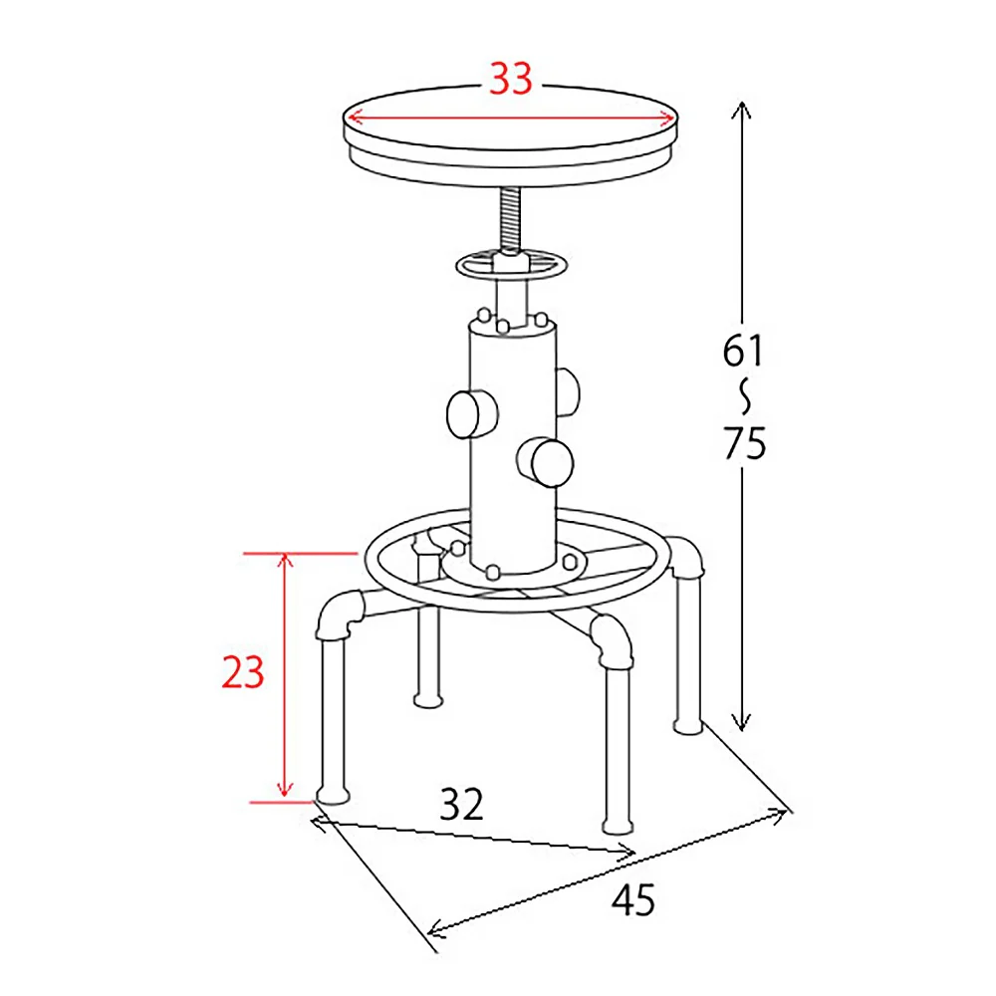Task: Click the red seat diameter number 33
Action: [511, 79]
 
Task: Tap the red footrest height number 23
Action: [243, 672]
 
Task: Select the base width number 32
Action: [462, 804]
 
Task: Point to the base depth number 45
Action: [633, 899]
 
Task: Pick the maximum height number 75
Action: [745, 443]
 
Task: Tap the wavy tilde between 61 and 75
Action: [745, 397]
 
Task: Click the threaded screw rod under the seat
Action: [511, 219]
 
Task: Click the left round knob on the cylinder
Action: [472, 414]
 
